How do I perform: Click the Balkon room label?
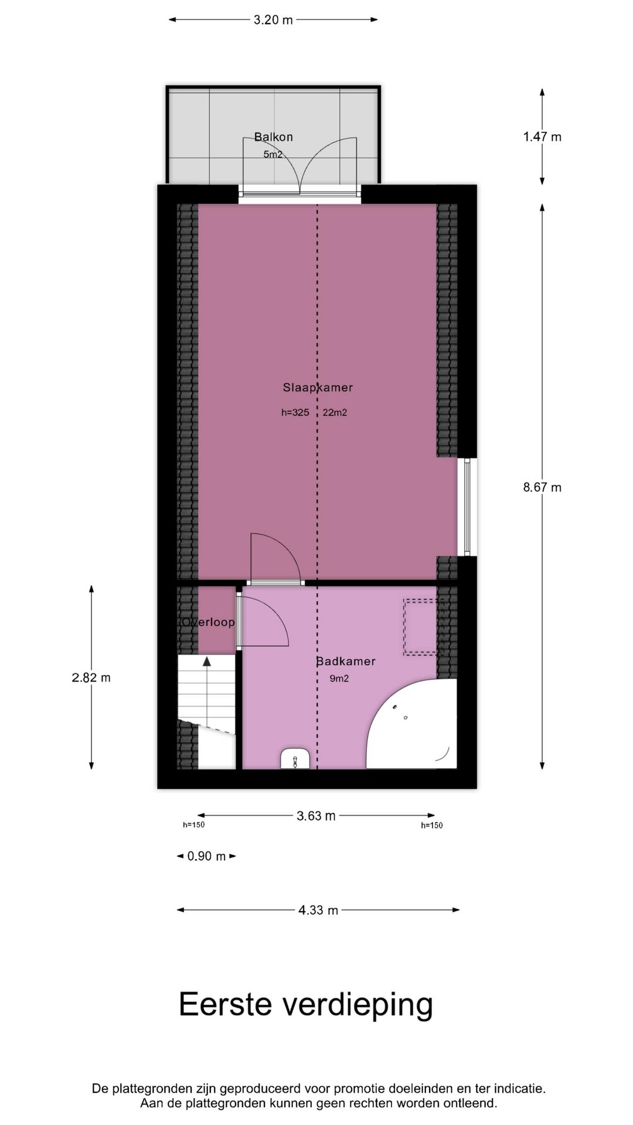pyautogui.click(x=273, y=137)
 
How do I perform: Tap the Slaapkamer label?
pyautogui.click(x=318, y=387)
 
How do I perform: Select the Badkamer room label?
pyautogui.click(x=345, y=662)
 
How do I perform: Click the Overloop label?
pyautogui.click(x=208, y=622)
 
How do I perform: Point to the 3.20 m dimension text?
pyautogui.click(x=273, y=20)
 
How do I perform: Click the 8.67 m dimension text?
pyautogui.click(x=542, y=487)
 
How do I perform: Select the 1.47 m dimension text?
pyautogui.click(x=542, y=137)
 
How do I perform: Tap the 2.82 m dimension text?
pyautogui.click(x=91, y=678)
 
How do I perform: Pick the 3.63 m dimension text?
pyautogui.click(x=316, y=816)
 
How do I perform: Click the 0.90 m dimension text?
pyautogui.click(x=206, y=857)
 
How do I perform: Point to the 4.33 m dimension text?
pyautogui.click(x=318, y=911)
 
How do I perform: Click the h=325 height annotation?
pyautogui.click(x=295, y=412)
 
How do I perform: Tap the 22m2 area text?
pyautogui.click(x=335, y=412)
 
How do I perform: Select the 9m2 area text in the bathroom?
pyautogui.click(x=339, y=679)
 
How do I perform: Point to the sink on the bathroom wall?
pyautogui.click(x=294, y=759)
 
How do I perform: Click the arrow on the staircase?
pyautogui.click(x=207, y=662)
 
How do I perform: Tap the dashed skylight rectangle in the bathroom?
pyautogui.click(x=420, y=626)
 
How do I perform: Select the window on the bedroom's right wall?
pyautogui.click(x=467, y=507)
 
